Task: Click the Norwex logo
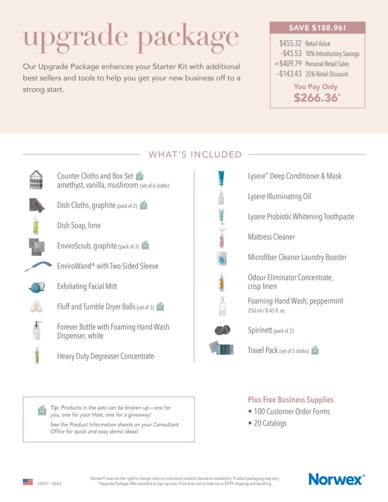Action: (x=336, y=479)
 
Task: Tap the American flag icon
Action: (x=28, y=482)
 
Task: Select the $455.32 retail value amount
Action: (x=290, y=44)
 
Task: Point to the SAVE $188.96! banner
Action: (x=317, y=28)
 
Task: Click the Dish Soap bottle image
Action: (x=35, y=226)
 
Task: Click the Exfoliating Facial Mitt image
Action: (x=36, y=286)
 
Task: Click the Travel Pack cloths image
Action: (x=221, y=349)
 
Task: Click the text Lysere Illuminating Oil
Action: (x=279, y=197)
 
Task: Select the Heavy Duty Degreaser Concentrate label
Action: (x=105, y=356)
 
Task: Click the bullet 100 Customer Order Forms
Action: (x=289, y=411)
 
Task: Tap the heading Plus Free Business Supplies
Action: (x=290, y=400)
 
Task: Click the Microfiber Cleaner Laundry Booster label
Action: (x=297, y=257)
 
